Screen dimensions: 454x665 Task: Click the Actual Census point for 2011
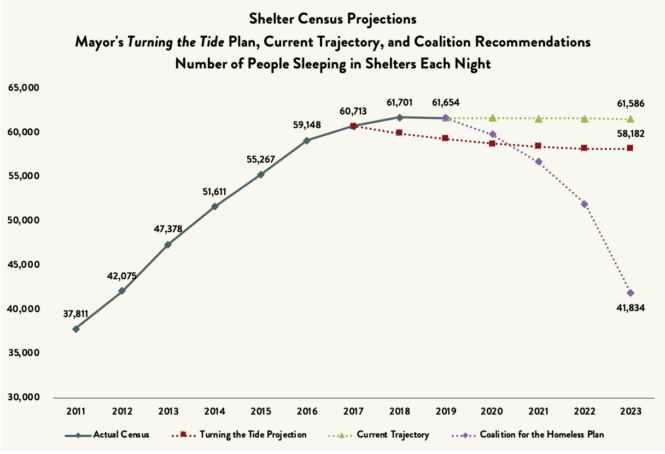point(76,329)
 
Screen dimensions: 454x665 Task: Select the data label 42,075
point(122,275)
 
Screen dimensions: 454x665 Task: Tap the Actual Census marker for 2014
point(215,206)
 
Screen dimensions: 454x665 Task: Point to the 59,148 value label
point(307,125)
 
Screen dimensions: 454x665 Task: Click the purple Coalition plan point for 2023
point(631,293)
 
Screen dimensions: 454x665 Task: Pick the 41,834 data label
point(631,308)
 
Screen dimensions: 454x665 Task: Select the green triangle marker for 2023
point(631,119)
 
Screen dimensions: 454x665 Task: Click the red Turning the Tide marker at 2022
point(585,148)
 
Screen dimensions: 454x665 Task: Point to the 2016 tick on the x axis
point(307,411)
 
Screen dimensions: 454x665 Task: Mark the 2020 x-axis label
point(492,411)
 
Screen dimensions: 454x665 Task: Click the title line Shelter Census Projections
point(332,19)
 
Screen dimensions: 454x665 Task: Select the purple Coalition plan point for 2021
point(539,162)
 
